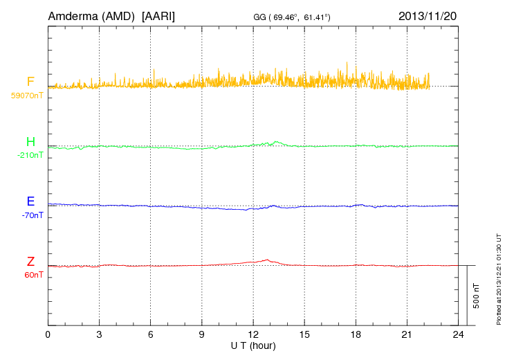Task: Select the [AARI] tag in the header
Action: pyautogui.click(x=158, y=16)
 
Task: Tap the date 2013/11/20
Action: pyautogui.click(x=428, y=16)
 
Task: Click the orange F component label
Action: pyautogui.click(x=30, y=82)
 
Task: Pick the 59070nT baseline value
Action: pyautogui.click(x=26, y=96)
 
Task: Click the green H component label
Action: pyautogui.click(x=30, y=142)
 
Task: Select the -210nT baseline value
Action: pyautogui.click(x=30, y=155)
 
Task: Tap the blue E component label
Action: pyautogui.click(x=30, y=201)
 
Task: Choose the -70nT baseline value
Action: pyautogui.click(x=32, y=215)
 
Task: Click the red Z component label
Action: pyautogui.click(x=30, y=262)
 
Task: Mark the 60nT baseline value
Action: pyautogui.click(x=33, y=275)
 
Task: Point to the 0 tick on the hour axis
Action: pyautogui.click(x=48, y=334)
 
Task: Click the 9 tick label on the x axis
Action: pyautogui.click(x=201, y=334)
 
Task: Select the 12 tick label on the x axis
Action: pyautogui.click(x=252, y=334)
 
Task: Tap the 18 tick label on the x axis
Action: pyautogui.click(x=355, y=334)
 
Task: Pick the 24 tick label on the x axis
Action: pyautogui.click(x=457, y=334)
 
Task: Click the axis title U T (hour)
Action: pyautogui.click(x=252, y=345)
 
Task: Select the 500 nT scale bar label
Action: pyautogui.click(x=477, y=296)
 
